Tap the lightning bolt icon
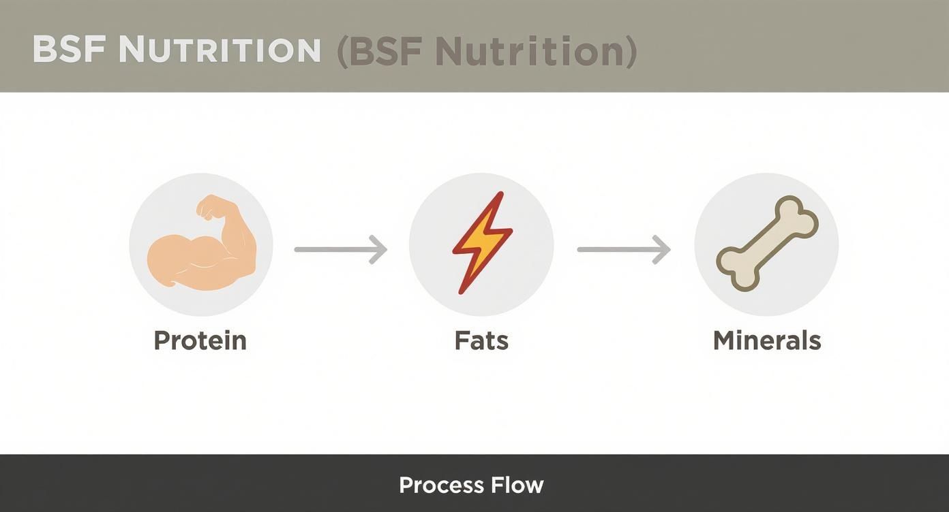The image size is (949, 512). [482, 242]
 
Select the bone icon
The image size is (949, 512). [767, 244]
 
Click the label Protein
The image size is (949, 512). [200, 340]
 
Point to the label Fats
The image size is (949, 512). [481, 340]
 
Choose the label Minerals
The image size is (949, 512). [767, 340]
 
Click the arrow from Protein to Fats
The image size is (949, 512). [340, 249]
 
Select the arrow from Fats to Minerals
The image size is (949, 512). [623, 249]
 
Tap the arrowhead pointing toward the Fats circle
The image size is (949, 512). [379, 249]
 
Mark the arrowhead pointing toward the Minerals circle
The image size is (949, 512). [663, 249]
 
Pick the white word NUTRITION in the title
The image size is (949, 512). [220, 50]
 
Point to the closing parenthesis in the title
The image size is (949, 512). [631, 52]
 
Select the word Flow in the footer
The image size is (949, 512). [519, 485]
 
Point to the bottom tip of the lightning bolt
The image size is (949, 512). [462, 291]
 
